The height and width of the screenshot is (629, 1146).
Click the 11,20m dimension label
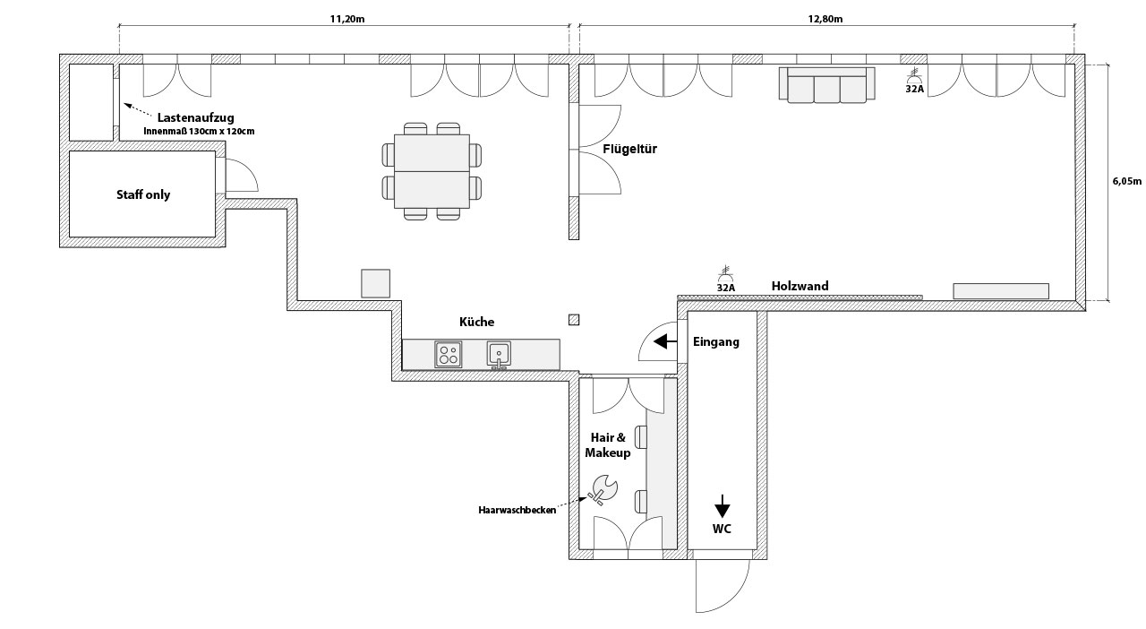pyautogui.click(x=346, y=19)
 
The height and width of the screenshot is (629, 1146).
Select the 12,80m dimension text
pyautogui.click(x=825, y=19)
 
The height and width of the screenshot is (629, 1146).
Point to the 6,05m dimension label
pyautogui.click(x=1127, y=181)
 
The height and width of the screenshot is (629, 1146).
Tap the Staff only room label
pyautogui.click(x=143, y=194)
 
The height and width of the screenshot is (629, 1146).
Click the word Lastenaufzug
pyautogui.click(x=195, y=117)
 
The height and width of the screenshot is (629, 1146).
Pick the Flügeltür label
pyautogui.click(x=629, y=149)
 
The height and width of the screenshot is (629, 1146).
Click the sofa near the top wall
pyautogui.click(x=826, y=84)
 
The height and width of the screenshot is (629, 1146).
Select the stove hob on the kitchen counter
pyautogui.click(x=449, y=355)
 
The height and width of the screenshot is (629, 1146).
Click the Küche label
pyautogui.click(x=477, y=322)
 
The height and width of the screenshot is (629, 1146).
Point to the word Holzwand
pyautogui.click(x=800, y=286)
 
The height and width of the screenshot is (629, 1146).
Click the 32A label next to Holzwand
pyautogui.click(x=725, y=288)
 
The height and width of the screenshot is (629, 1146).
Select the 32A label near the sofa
pyautogui.click(x=915, y=89)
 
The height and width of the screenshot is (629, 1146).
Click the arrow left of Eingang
pyautogui.click(x=665, y=341)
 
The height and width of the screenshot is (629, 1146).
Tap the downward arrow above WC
pyautogui.click(x=722, y=506)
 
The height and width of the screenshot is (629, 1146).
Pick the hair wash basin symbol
pyautogui.click(x=603, y=489)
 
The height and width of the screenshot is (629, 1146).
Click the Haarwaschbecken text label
pyautogui.click(x=517, y=510)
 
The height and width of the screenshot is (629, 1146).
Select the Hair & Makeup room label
pyautogui.click(x=608, y=445)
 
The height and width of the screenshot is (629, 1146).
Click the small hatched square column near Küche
pyautogui.click(x=574, y=320)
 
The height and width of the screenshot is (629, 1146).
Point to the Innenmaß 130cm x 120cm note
pyautogui.click(x=199, y=131)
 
